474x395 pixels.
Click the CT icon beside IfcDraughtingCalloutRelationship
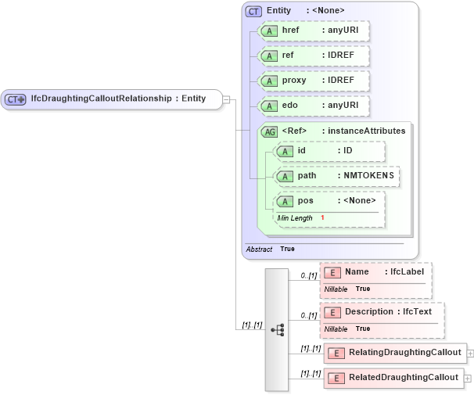tap(16, 99)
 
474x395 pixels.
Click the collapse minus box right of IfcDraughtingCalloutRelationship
tap(225, 99)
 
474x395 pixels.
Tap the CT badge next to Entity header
tap(253, 11)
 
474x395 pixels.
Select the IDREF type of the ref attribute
tap(342, 56)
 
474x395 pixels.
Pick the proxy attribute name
tap(294, 81)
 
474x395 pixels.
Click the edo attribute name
tap(290, 106)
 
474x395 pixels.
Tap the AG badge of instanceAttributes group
tap(269, 131)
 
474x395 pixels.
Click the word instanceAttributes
tap(367, 131)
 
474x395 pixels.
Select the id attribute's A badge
tap(285, 151)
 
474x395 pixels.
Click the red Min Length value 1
tap(322, 217)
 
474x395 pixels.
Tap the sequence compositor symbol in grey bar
tap(277, 330)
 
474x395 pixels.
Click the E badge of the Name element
tap(332, 272)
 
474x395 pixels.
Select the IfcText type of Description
tap(422, 312)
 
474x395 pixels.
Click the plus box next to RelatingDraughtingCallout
tap(470, 353)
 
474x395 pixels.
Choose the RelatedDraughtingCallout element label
tap(404, 378)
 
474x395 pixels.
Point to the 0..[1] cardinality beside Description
tap(308, 315)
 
